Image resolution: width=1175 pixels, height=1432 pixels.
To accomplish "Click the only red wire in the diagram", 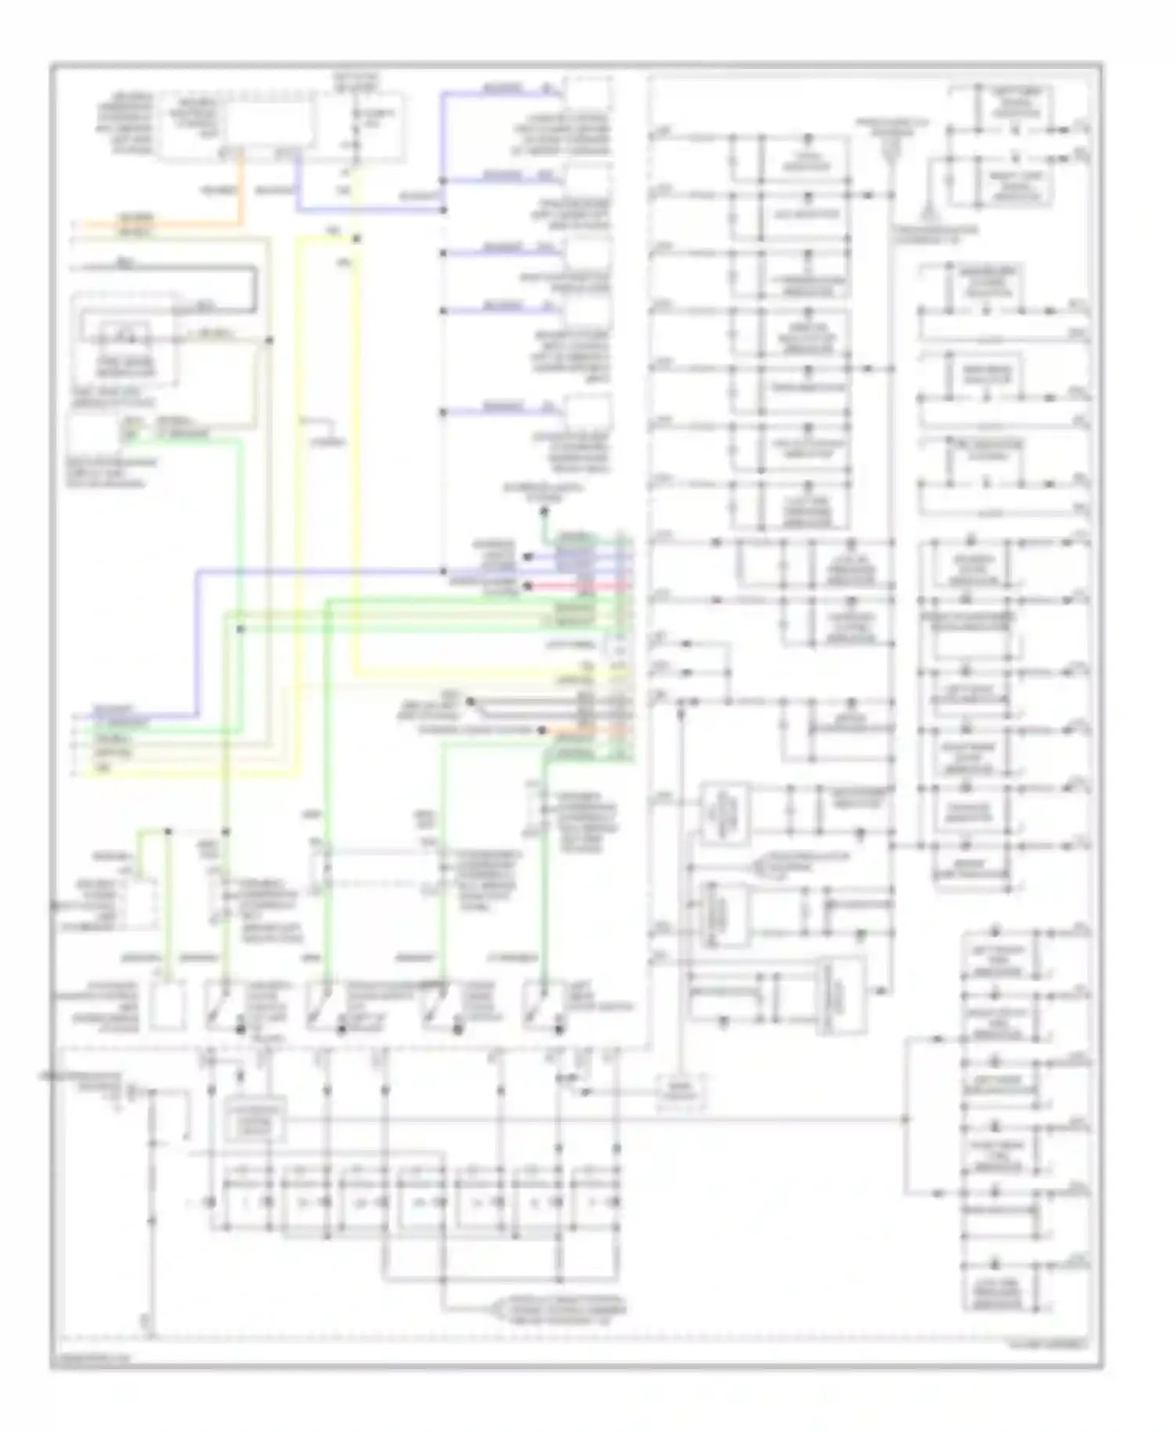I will pos(580,585).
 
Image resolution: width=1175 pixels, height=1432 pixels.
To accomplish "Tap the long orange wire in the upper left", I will pos(157,225).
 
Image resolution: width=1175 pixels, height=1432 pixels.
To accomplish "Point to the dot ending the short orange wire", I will pos(542,730).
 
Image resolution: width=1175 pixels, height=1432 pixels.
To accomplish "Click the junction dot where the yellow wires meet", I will pos(356,239).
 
